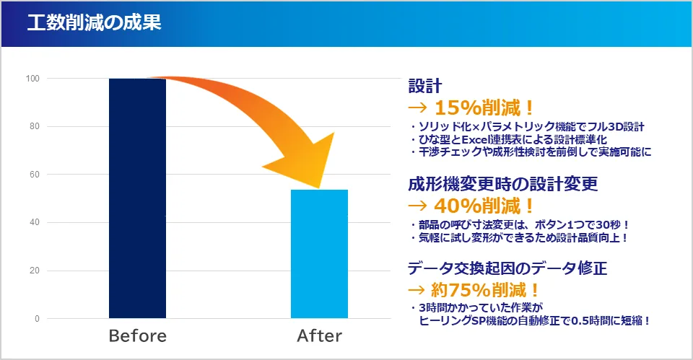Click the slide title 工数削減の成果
[94, 22]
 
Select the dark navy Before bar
[137, 198]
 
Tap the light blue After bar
[319, 254]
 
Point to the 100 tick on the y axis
[32, 79]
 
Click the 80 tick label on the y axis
[35, 126]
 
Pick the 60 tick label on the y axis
[35, 175]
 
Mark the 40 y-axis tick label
[35, 222]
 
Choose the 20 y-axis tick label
[35, 271]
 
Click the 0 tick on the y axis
[37, 318]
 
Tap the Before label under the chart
[137, 335]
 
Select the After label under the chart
[320, 335]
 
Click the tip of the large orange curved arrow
[318, 188]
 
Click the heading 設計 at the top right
[424, 86]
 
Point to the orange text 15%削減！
[484, 107]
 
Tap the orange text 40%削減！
[484, 206]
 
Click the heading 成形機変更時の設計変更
[503, 184]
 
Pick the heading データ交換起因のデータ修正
[507, 268]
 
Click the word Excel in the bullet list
[476, 139]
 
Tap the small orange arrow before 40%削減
[418, 206]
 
